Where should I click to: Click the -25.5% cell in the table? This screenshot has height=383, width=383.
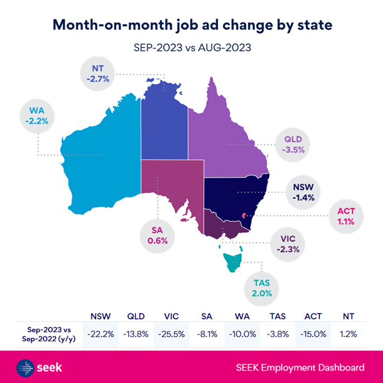pyautogui.click(x=171, y=334)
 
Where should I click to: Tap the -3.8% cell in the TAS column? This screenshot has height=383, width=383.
pyautogui.click(x=278, y=334)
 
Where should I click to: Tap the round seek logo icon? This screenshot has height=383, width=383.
pyautogui.click(x=26, y=367)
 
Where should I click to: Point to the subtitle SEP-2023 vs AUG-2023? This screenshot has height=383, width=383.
pyautogui.click(x=192, y=48)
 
